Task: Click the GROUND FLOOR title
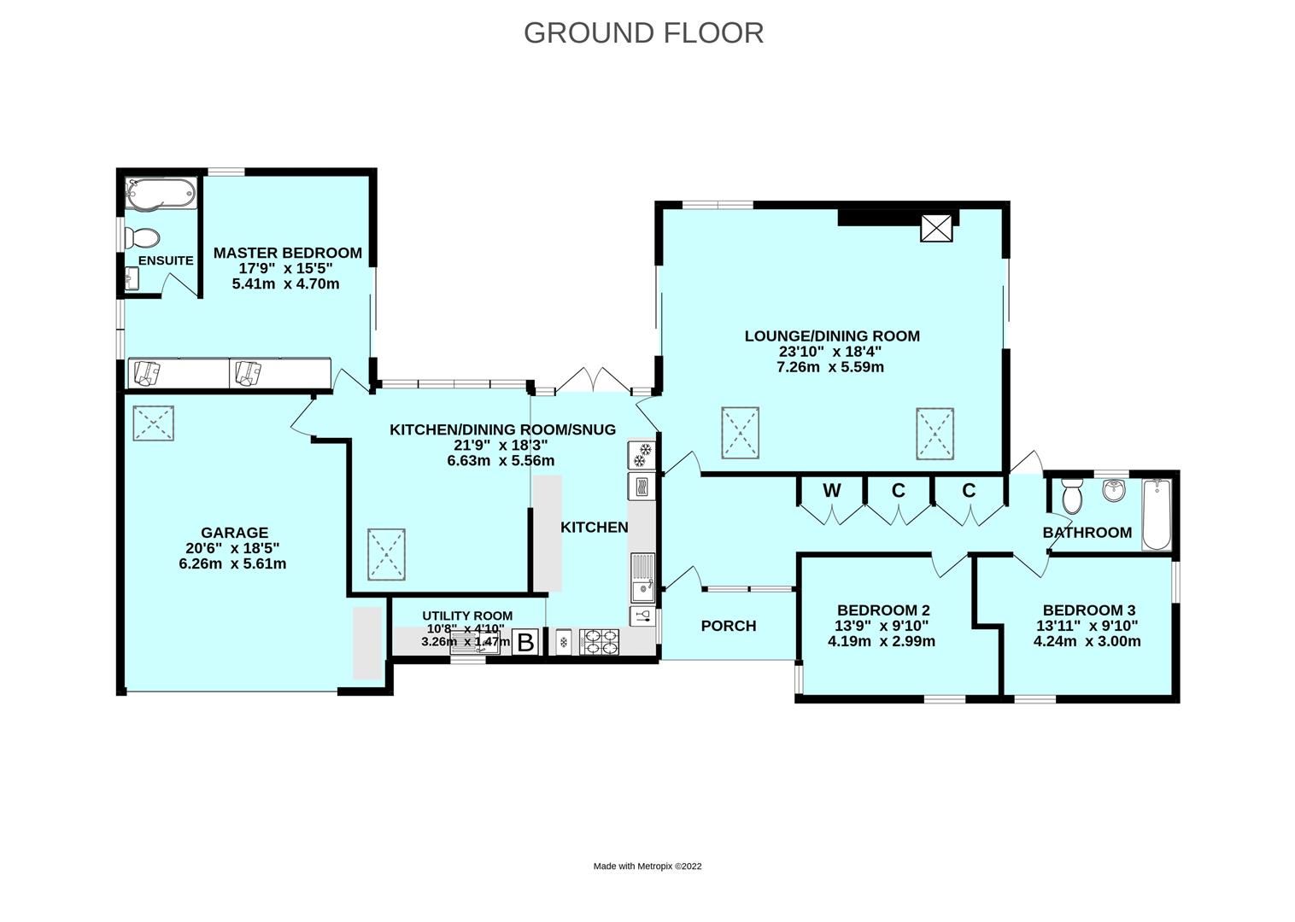point(643,33)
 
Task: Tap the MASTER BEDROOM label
point(287,253)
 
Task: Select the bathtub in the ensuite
point(161,194)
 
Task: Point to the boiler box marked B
point(525,642)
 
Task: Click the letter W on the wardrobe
point(832,491)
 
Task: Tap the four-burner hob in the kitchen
point(599,642)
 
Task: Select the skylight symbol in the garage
point(153,423)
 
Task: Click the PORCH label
point(729,626)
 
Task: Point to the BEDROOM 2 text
point(883,610)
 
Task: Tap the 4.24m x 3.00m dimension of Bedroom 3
point(1087,641)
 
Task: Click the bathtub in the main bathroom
point(1157,515)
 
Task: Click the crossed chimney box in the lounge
point(936,228)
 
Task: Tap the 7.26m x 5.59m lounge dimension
point(830,367)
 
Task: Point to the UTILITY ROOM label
point(467,616)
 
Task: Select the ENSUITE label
point(166,261)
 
